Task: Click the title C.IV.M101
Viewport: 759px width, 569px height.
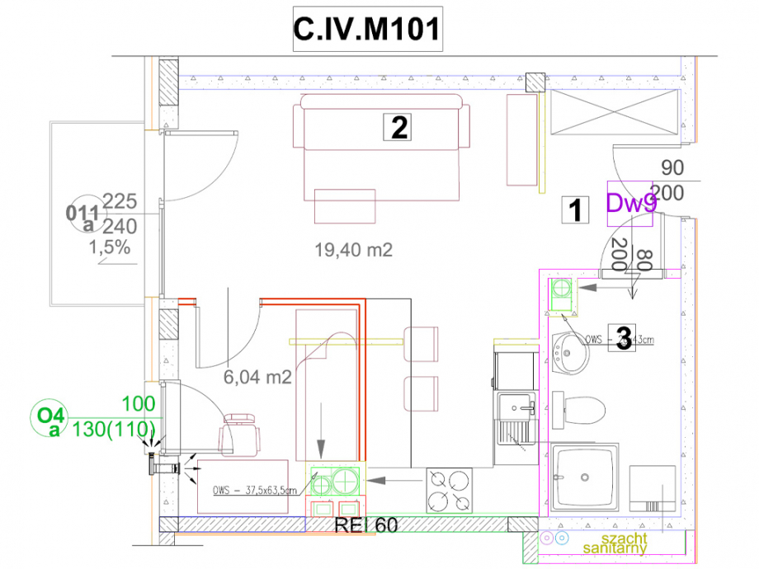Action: pyautogui.click(x=365, y=31)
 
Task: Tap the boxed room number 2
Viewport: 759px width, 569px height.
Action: pyautogui.click(x=399, y=127)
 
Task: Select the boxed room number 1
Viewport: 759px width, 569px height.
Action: pyautogui.click(x=574, y=211)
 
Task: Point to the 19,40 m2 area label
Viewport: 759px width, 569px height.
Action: pyautogui.click(x=353, y=248)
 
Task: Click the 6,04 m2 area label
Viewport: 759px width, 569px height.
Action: pyautogui.click(x=258, y=377)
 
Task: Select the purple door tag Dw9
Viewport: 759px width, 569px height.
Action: pyautogui.click(x=631, y=203)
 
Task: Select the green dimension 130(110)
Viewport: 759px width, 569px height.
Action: pyautogui.click(x=115, y=428)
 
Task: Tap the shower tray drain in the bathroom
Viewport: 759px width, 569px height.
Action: pyautogui.click(x=584, y=476)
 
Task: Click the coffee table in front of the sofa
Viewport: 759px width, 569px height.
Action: pyautogui.click(x=345, y=205)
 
